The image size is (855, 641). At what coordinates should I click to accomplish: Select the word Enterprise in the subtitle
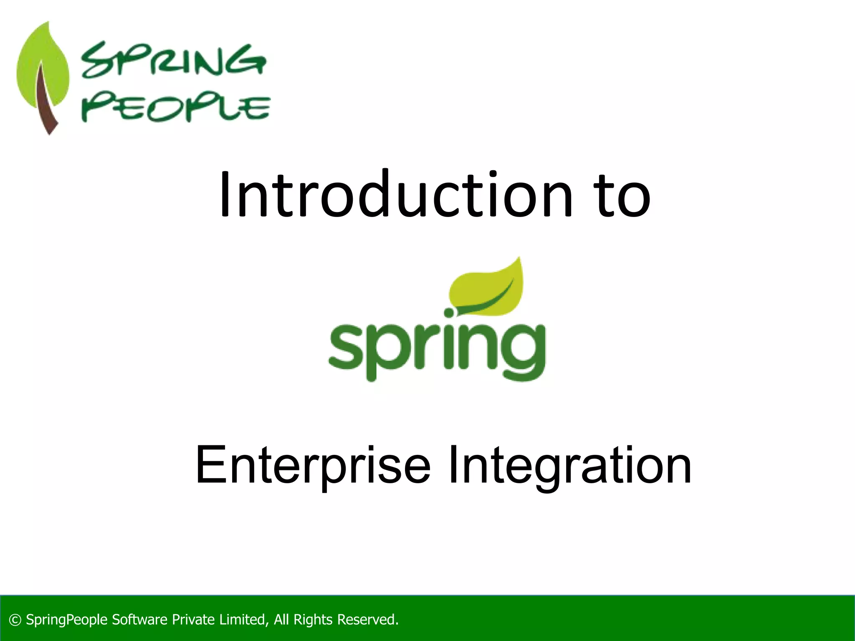312,465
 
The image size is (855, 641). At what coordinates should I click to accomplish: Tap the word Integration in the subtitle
569,465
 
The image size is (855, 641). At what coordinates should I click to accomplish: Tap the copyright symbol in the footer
15,620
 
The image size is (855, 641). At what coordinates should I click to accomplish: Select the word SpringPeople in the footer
67,620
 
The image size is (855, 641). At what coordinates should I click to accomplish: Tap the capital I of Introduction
224,194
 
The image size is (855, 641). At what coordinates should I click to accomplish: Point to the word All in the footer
281,620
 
